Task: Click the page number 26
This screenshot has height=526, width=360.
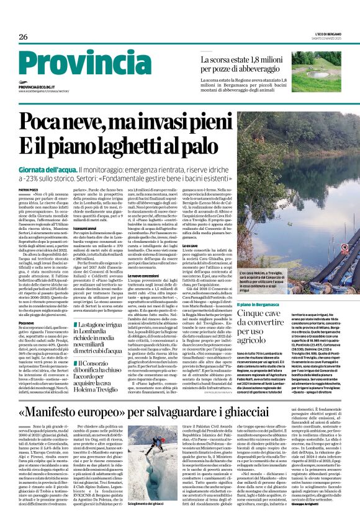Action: pos(24,37)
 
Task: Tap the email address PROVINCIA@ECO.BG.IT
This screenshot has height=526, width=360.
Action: pos(40,87)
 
